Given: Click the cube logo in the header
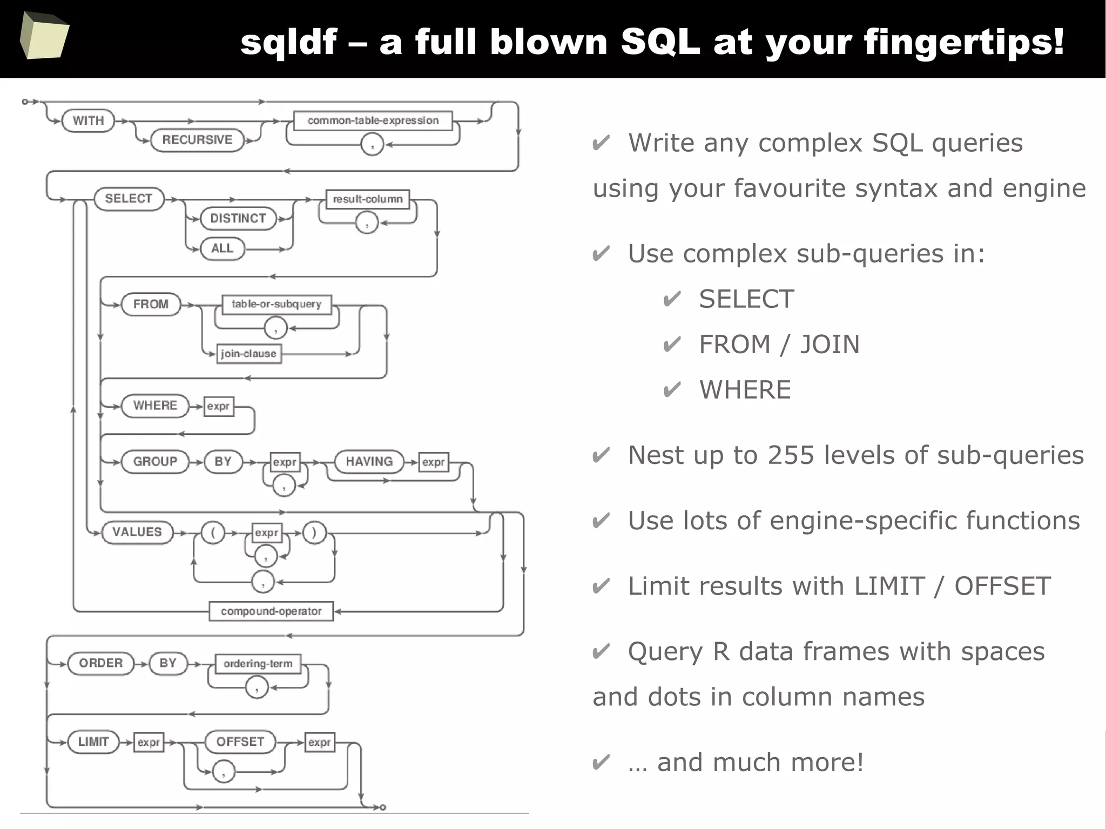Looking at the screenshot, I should pos(44,35).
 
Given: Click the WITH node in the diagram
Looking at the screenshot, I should pos(88,120).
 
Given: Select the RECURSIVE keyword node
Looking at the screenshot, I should pos(197,140).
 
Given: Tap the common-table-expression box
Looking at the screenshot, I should pos(373,120).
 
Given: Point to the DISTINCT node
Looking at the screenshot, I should pos(238,218).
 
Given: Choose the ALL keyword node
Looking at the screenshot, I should pos(222,248).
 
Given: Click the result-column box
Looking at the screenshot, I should pos(368,199).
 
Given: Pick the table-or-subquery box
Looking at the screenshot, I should pos(276,304).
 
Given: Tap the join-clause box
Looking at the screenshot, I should pos(248,354).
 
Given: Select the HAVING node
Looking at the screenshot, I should pos(369,462).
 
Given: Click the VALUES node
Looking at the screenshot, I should pos(137,532).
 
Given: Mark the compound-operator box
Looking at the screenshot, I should pos(271,611).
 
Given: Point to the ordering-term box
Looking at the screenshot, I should pos(258,664).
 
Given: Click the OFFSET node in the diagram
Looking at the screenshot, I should pos(240,742).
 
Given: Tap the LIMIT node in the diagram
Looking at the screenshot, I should pos(93,742).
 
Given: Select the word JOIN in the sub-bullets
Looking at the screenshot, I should pos(830,345).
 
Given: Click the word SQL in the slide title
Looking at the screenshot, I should pos(660,42).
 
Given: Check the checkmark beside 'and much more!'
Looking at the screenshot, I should pos(601,763).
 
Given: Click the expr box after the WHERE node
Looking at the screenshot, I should pos(219,406).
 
